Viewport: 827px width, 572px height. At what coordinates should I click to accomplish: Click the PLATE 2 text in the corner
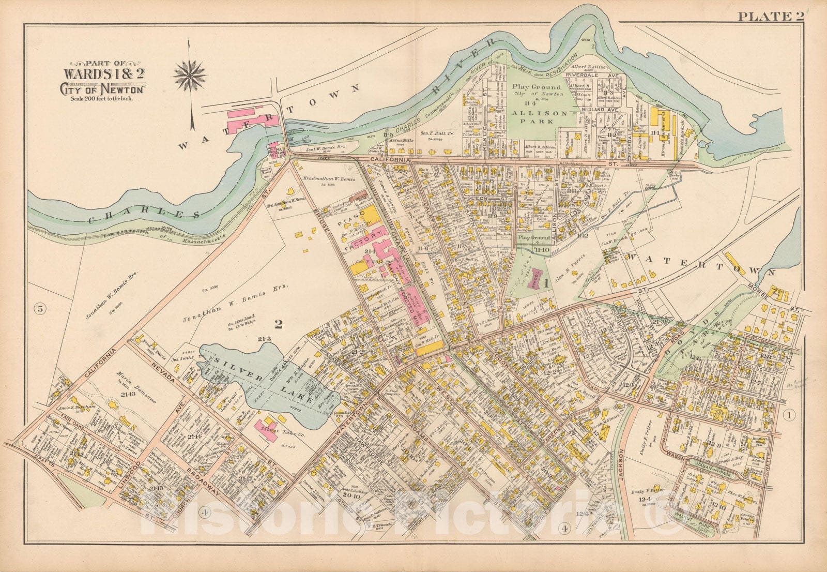click(771, 16)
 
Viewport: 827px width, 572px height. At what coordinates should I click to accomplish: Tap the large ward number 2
click(279, 324)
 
